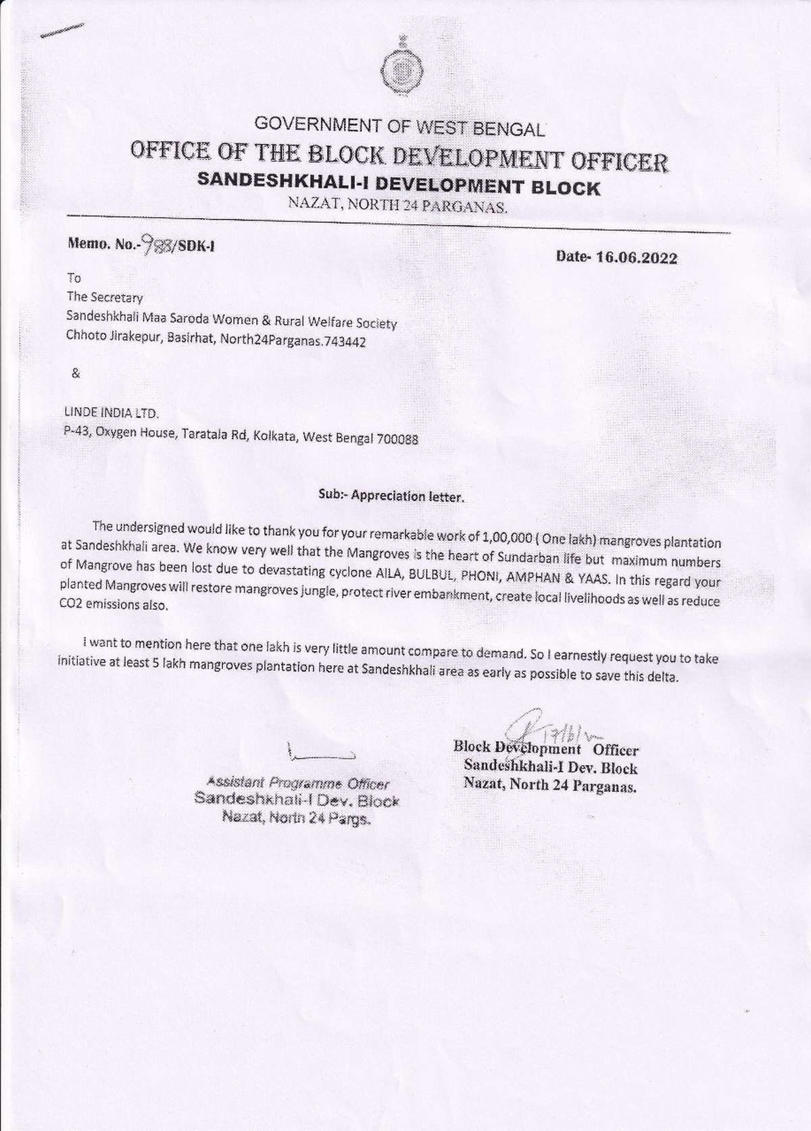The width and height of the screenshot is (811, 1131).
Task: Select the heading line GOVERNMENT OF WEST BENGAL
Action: point(399,126)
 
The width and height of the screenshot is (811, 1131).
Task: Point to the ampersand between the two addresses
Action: point(76,373)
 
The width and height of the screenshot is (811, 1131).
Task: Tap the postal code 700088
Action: point(397,440)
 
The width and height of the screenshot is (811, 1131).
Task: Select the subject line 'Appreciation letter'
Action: point(391,496)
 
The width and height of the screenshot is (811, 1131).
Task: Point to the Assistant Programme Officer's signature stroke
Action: point(320,753)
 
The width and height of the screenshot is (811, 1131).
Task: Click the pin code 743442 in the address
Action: point(345,342)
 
